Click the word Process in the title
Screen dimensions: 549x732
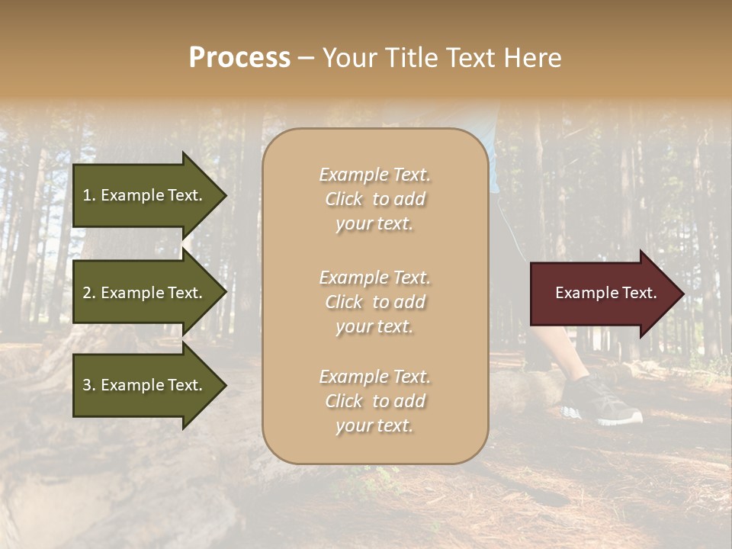click(239, 58)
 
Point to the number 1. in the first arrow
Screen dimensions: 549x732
click(89, 195)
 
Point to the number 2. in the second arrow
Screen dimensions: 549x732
click(89, 293)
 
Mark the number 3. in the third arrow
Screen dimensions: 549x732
click(89, 385)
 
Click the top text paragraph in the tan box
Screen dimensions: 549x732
click(374, 199)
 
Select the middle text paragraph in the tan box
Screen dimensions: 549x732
click(374, 302)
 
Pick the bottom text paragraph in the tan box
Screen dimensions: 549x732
click(374, 401)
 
